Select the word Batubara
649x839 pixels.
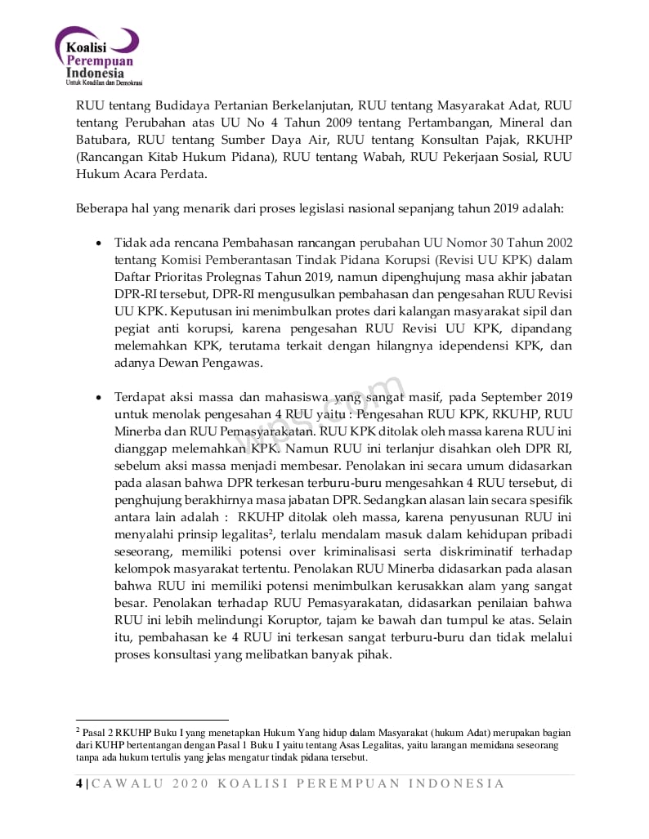pos(103,140)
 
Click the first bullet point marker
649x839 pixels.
pos(99,243)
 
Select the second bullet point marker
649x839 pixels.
pos(99,397)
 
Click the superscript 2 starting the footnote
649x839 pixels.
pos(78,730)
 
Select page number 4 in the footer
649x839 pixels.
pos(78,783)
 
